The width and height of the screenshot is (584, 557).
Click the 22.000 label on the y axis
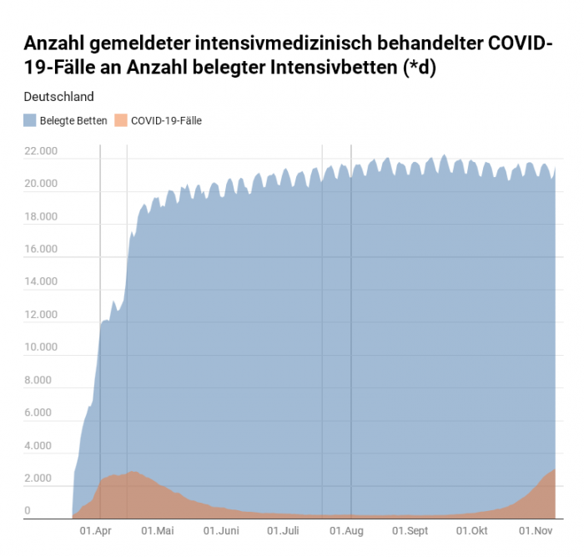click(x=41, y=151)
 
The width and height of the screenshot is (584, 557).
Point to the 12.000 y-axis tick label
click(x=41, y=315)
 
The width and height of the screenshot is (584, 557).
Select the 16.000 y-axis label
click(x=41, y=249)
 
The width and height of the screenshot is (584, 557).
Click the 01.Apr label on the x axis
click(x=96, y=531)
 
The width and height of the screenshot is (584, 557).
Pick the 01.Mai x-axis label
click(x=157, y=531)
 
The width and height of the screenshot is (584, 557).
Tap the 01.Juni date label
click(x=221, y=531)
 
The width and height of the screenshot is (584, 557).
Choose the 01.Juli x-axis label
click(x=283, y=531)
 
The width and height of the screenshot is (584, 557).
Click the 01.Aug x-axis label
click(x=346, y=531)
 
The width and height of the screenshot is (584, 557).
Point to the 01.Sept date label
click(x=410, y=531)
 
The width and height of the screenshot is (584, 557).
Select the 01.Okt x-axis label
click(x=471, y=531)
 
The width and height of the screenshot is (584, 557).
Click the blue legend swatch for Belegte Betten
click(x=30, y=120)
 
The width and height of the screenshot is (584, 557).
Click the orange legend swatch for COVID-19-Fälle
click(x=121, y=120)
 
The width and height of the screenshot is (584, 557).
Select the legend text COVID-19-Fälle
click(x=166, y=120)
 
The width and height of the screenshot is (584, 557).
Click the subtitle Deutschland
click(x=58, y=97)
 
